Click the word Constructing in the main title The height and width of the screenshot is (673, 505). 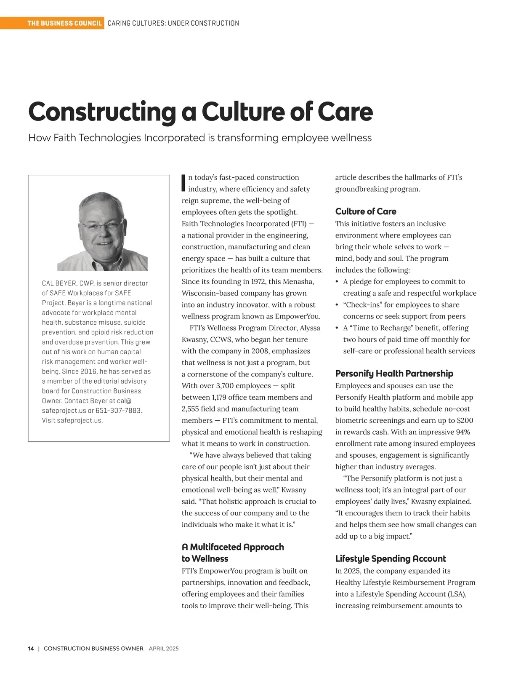(x=102, y=112)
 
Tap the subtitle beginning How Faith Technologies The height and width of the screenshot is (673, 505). (x=199, y=138)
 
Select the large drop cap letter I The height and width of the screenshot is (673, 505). (x=183, y=182)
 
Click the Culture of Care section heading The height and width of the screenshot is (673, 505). (x=365, y=211)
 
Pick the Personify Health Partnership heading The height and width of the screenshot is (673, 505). (x=394, y=374)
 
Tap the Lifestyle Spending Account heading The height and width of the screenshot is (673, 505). (x=390, y=559)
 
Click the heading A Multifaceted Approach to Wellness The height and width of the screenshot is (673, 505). (x=232, y=553)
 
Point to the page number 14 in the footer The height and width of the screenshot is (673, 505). (x=31, y=649)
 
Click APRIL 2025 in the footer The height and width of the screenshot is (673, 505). (x=164, y=649)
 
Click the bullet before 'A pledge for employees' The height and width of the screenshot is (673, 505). (x=337, y=282)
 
